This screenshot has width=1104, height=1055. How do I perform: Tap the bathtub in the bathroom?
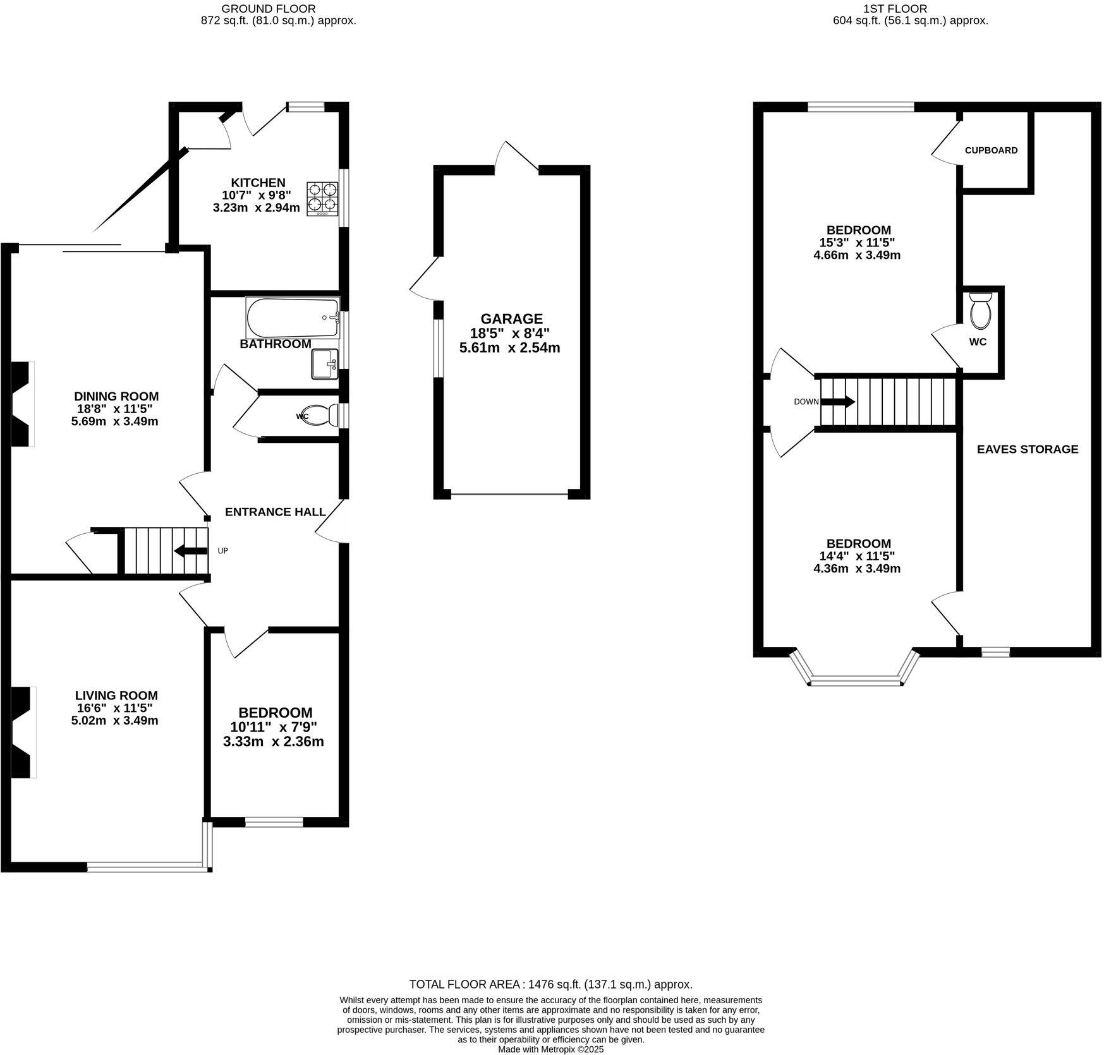coord(293,318)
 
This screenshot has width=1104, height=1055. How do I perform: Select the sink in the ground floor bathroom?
coord(325,364)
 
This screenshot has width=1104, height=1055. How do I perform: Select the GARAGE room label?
coord(511,319)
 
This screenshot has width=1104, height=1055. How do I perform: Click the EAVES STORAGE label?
coord(1027,449)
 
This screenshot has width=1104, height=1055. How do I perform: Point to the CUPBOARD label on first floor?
coord(991,150)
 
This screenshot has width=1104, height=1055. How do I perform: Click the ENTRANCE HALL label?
coord(276,512)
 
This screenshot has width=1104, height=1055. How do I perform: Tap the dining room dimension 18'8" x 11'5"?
coord(116,409)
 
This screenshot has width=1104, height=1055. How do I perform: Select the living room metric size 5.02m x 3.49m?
coord(115,720)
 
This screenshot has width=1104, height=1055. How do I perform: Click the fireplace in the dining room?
coord(22,404)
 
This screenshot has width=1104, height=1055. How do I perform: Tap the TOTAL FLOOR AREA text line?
coord(550,984)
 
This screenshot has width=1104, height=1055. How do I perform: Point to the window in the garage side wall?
coord(437,347)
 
